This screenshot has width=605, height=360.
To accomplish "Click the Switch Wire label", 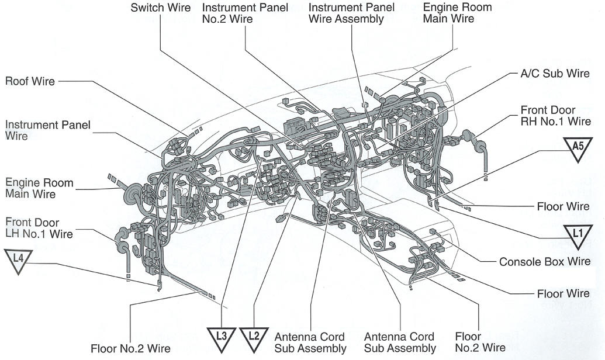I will [161, 8].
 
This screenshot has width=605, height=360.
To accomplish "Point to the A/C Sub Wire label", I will [555, 74].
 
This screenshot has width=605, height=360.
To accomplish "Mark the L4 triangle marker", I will [18, 260].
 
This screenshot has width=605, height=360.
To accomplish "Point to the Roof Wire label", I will [30, 81].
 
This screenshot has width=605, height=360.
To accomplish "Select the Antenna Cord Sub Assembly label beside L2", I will [310, 343].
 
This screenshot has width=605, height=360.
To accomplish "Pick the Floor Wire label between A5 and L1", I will [563, 207].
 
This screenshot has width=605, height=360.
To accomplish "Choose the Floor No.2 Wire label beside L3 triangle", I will [130, 348].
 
